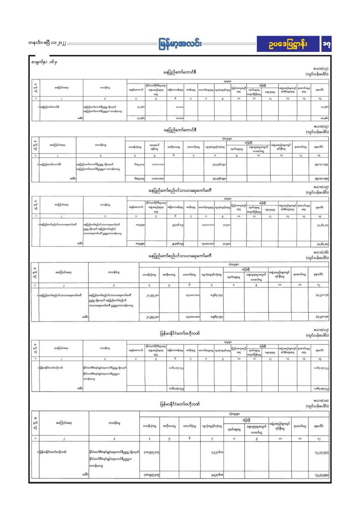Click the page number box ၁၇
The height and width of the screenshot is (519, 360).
pos(326,44)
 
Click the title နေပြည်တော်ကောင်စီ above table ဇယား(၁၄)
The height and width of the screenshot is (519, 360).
pos(180,130)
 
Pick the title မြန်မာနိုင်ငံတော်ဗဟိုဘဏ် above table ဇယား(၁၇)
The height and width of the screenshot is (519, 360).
pos(180,334)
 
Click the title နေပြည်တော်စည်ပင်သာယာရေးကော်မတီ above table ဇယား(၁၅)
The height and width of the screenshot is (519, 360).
pos(180,190)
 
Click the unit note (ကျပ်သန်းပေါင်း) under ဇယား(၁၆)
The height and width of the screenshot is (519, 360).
pos(317,257)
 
